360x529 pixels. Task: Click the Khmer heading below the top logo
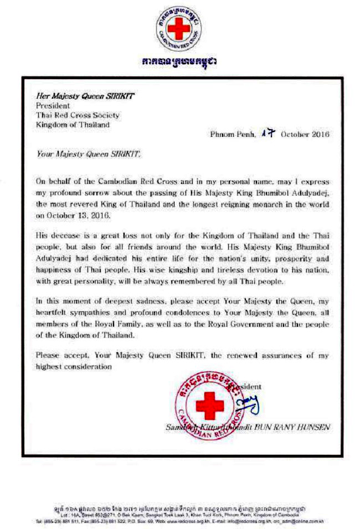[178, 60]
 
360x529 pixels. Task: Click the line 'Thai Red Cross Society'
[78, 115]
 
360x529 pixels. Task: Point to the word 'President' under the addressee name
[53, 105]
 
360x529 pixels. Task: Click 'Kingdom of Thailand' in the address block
[73, 125]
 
